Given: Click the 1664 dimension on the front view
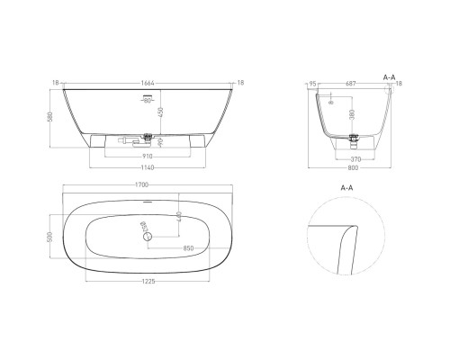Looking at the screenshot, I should [x=145, y=82].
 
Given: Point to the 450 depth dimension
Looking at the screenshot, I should [x=161, y=112].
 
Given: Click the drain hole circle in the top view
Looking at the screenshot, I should [x=150, y=237].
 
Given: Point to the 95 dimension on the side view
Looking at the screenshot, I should [x=311, y=82].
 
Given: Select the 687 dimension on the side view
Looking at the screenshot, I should [x=353, y=82].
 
